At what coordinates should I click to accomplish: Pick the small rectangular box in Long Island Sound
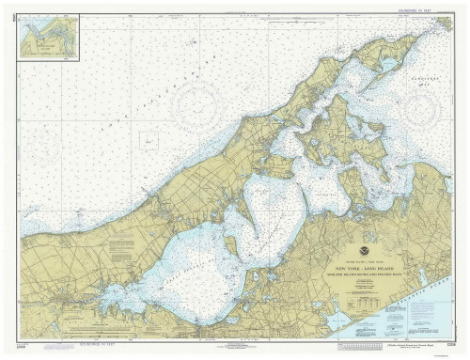(149, 140)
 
